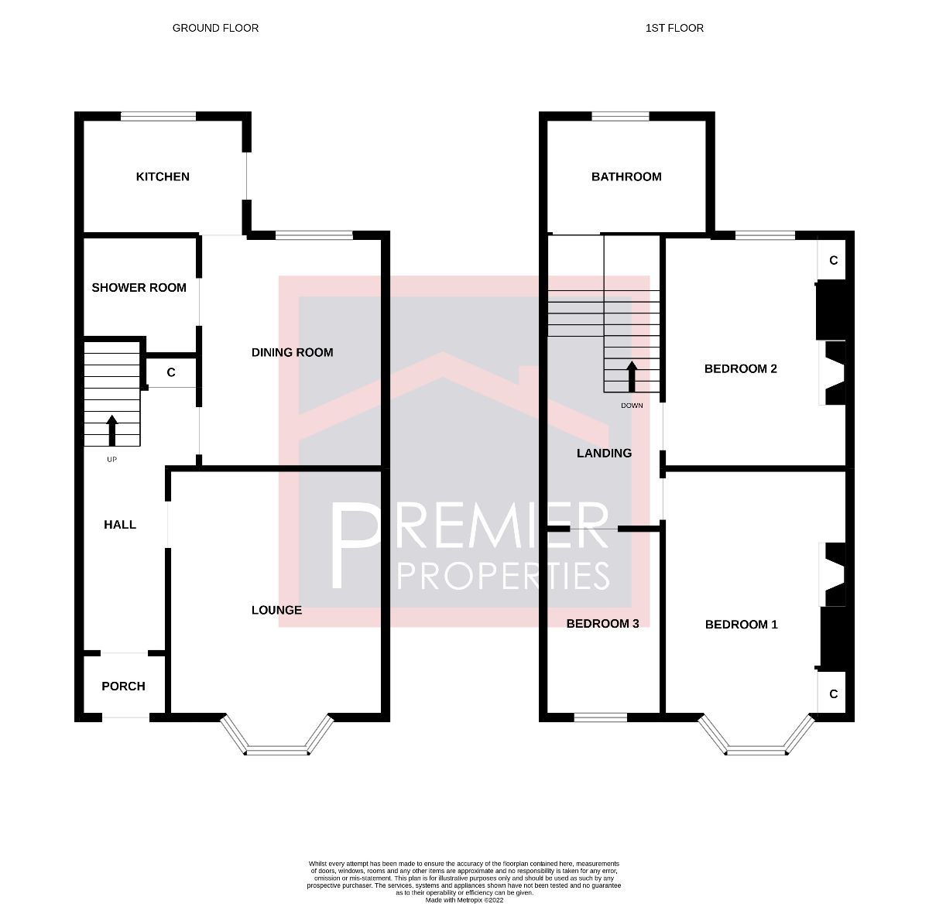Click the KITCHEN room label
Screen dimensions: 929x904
pyautogui.click(x=163, y=176)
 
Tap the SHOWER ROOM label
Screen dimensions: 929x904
pyautogui.click(x=139, y=288)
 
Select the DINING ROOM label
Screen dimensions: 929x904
pyautogui.click(x=292, y=352)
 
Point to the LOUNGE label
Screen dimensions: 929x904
pyautogui.click(x=276, y=610)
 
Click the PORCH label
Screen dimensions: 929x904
pyautogui.click(x=123, y=687)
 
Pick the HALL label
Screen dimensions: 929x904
pyautogui.click(x=120, y=525)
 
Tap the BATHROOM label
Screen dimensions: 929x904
pyautogui.click(x=626, y=176)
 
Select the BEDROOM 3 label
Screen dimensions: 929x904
pyautogui.click(x=602, y=623)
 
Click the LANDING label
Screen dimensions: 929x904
pyautogui.click(x=604, y=453)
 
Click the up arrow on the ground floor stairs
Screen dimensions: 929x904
pyautogui.click(x=111, y=430)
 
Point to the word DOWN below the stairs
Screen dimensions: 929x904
pyautogui.click(x=632, y=406)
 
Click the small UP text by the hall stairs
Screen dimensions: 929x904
pyautogui.click(x=111, y=460)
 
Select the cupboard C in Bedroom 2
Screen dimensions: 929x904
pyautogui.click(x=834, y=260)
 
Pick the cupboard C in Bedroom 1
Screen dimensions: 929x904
pyautogui.click(x=834, y=694)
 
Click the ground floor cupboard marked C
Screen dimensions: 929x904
pyautogui.click(x=171, y=372)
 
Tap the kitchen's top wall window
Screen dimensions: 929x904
pyautogui.click(x=158, y=116)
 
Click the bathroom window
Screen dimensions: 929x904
pyautogui.click(x=620, y=116)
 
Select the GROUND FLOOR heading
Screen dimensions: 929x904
pyautogui.click(x=215, y=28)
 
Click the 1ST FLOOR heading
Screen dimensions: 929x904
pyautogui.click(x=674, y=28)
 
